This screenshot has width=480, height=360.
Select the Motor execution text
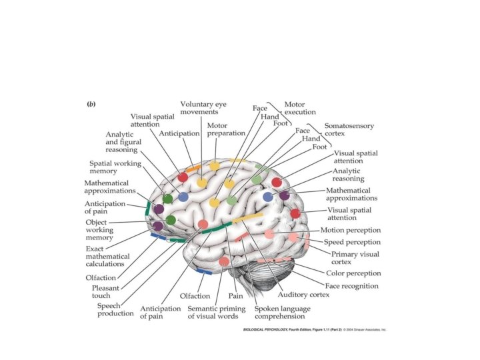pyautogui.click(x=299, y=108)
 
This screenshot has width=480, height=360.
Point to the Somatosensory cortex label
pyautogui.click(x=349, y=129)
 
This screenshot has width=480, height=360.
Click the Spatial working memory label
pyautogui.click(x=114, y=167)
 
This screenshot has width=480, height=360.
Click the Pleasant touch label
pyautogui.click(x=105, y=292)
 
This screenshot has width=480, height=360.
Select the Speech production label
pyautogui.click(x=115, y=309)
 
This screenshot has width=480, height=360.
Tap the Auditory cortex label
pyautogui.click(x=303, y=294)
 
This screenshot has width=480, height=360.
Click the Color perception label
pyautogui.click(x=353, y=273)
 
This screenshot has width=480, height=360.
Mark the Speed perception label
pyautogui.click(x=351, y=242)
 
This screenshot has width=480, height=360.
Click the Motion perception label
pyautogui.click(x=350, y=230)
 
